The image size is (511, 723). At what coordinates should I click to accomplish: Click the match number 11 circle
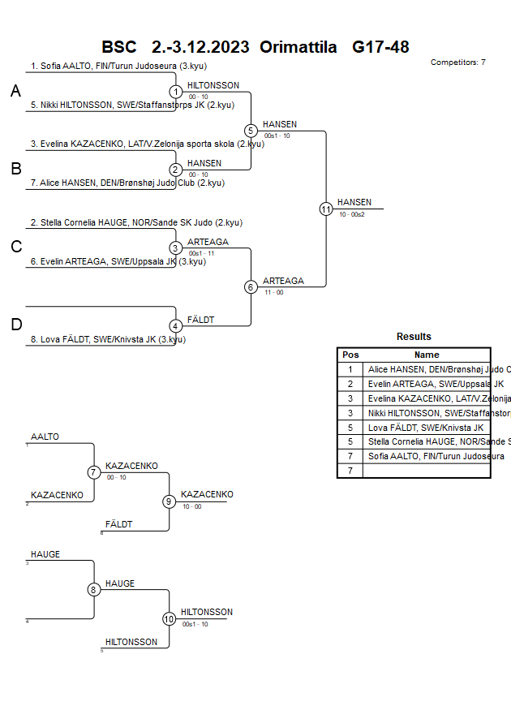(326, 209)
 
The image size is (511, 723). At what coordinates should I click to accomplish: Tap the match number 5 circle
(251, 131)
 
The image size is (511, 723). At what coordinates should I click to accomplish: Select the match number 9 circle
(170, 501)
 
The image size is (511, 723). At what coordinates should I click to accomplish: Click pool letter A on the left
(15, 92)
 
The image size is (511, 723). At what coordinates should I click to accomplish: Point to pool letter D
(16, 325)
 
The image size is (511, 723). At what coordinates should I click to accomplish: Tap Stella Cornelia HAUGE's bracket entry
(136, 222)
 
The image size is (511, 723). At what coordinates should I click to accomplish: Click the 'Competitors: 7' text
(457, 62)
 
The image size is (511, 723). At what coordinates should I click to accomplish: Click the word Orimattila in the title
(298, 46)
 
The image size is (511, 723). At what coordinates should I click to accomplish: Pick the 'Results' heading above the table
(414, 337)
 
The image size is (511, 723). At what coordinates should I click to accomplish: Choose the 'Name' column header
(427, 355)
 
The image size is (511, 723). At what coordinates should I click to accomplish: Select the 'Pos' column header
(350, 355)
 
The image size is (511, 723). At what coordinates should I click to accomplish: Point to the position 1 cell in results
(350, 369)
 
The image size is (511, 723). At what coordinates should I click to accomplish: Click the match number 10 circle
(170, 619)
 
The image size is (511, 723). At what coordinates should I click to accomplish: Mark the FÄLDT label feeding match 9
(118, 525)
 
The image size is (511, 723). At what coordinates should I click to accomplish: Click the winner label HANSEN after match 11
(354, 202)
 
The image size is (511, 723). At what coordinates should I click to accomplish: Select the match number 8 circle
(94, 590)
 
